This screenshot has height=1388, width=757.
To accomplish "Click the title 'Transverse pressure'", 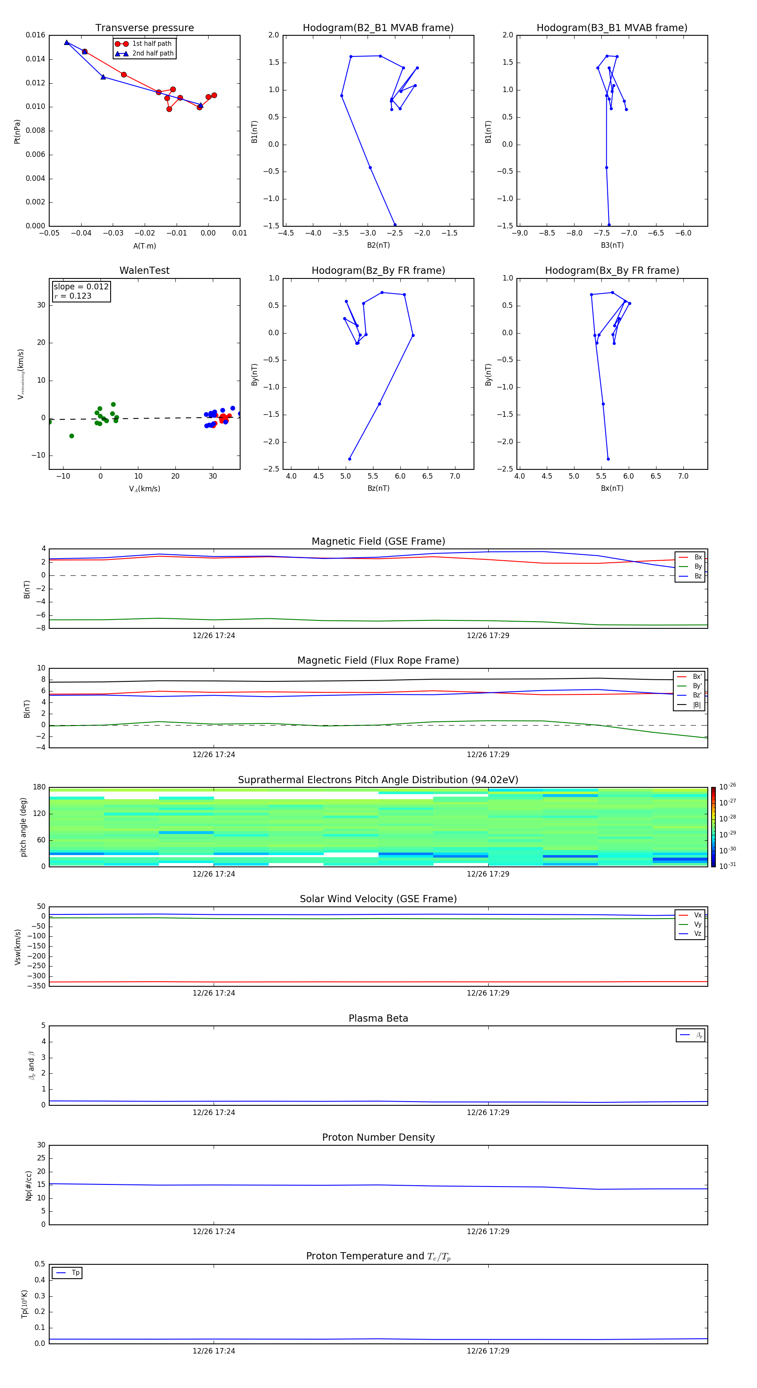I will [144, 28].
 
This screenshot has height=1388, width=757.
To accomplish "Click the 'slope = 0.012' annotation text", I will [81, 287].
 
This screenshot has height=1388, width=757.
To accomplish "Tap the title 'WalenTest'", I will [144, 270].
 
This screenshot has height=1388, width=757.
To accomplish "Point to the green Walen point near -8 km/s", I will [71, 436].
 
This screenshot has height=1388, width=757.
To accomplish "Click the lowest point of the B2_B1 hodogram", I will [395, 225].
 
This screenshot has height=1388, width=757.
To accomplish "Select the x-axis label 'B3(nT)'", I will [612, 245].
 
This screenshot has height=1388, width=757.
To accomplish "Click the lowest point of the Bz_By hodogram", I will [349, 459].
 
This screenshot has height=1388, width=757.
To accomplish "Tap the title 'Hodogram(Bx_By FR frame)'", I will [611, 270].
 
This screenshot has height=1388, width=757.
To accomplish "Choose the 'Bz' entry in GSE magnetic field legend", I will [698, 576].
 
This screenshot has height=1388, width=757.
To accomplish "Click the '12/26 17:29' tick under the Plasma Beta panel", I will [487, 1112].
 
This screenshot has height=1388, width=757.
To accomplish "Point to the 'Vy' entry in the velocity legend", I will [698, 924].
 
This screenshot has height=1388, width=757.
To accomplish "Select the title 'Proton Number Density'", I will [378, 1137].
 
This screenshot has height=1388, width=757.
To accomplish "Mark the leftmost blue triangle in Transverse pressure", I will [67, 42].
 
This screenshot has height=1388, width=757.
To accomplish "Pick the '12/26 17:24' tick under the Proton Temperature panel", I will [214, 1351].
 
